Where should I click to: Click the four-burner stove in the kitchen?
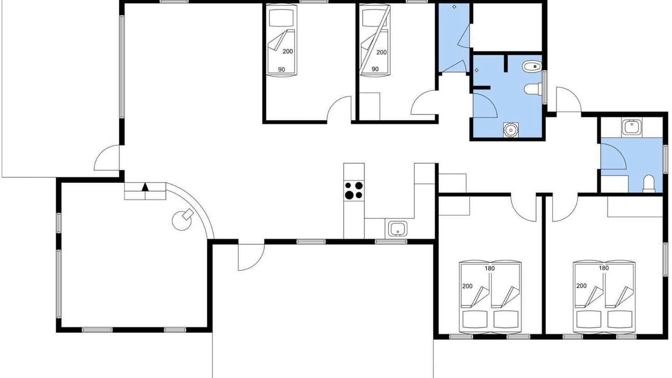[354, 191]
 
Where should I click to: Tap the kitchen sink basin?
[398, 229]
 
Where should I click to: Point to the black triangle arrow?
[145, 187]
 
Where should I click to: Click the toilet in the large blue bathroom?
[533, 89]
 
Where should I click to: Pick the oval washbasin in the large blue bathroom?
[532, 66]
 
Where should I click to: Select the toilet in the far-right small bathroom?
[648, 184]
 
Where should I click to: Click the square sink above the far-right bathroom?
[632, 127]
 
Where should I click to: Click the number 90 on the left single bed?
[281, 70]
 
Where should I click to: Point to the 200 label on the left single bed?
[288, 51]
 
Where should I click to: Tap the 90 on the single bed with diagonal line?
[375, 69]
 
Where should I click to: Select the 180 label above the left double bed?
[490, 268]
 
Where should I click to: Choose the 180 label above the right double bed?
[604, 268]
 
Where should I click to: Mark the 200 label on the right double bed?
[581, 286]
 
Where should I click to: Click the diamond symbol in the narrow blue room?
[455, 7]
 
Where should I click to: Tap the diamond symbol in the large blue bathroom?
[477, 70]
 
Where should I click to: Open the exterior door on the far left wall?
[107, 158]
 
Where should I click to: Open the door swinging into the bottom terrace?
[251, 257]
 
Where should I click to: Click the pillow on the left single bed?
[281, 18]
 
